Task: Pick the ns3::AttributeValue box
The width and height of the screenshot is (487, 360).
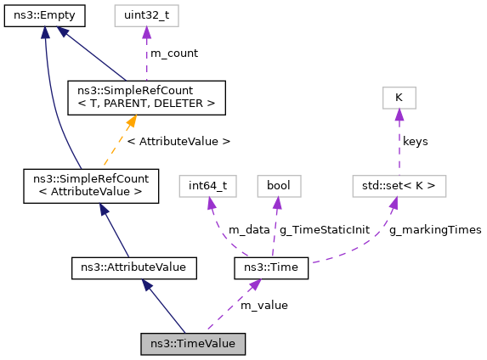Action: [133, 269]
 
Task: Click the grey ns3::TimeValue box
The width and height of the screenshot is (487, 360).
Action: [194, 344]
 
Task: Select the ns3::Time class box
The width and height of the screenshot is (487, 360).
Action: [271, 269]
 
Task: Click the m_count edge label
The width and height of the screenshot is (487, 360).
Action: [173, 53]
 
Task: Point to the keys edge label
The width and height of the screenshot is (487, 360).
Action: [415, 140]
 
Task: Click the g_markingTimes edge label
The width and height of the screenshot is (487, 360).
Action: [435, 229]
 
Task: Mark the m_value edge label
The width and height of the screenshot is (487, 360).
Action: [263, 305]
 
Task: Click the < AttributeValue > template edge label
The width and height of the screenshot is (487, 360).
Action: [178, 140]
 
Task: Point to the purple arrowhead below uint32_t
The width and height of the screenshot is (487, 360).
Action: [146, 33]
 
